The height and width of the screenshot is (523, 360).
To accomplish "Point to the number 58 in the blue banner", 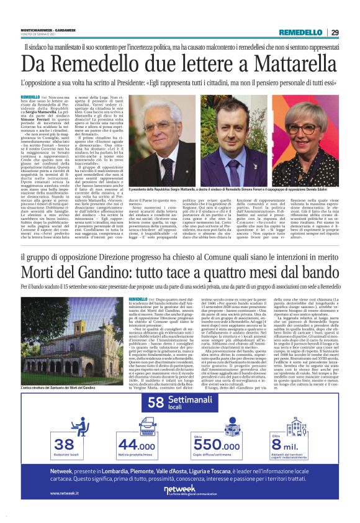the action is (x=155, y=402).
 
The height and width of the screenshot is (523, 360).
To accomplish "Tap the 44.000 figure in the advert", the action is (x=137, y=444).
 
